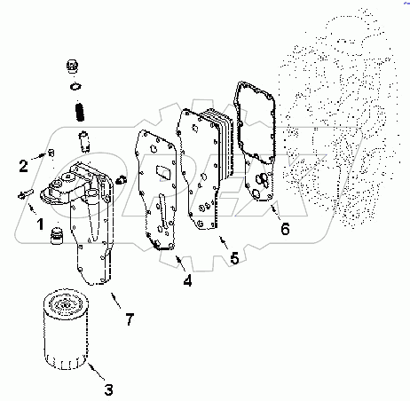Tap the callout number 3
coord(108,387)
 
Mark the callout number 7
coord(130,318)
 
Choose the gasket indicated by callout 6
coord(258,142)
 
